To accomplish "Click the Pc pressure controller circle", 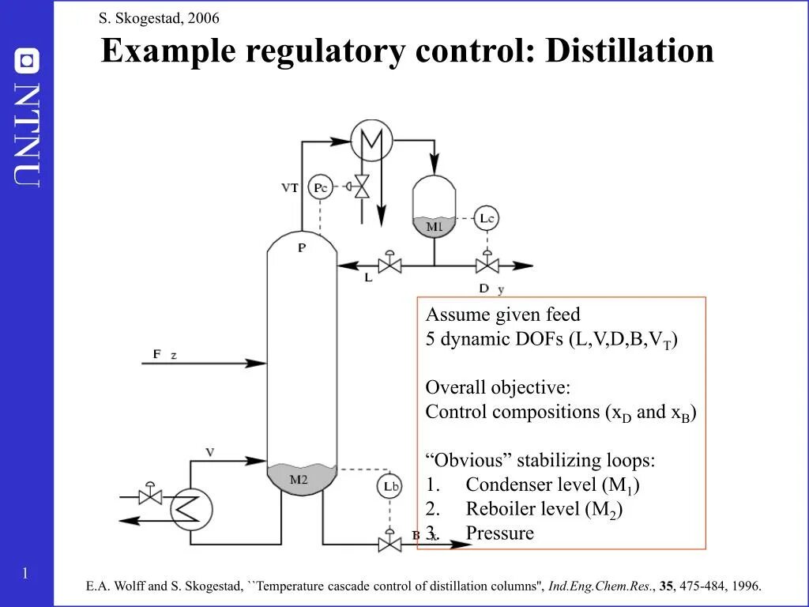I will tap(319, 187).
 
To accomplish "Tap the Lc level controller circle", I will tap(487, 218).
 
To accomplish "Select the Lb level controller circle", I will tap(389, 486).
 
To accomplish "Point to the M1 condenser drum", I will tap(435, 207).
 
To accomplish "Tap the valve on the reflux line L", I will tap(389, 266).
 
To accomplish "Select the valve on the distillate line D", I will tap(487, 266).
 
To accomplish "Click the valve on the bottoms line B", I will tap(389, 543).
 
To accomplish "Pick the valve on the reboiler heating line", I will tap(149, 496).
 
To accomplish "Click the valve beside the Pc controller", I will tap(362, 187).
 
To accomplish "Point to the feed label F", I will tap(156, 355).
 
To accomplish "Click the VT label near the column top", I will tap(290, 188).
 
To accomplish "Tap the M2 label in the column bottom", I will tap(299, 479).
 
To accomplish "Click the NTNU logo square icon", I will tap(28, 60).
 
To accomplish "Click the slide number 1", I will tap(25, 574).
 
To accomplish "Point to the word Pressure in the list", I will tap(499, 533).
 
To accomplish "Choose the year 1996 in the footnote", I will tap(746, 586).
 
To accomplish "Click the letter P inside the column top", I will tap(302, 247).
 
